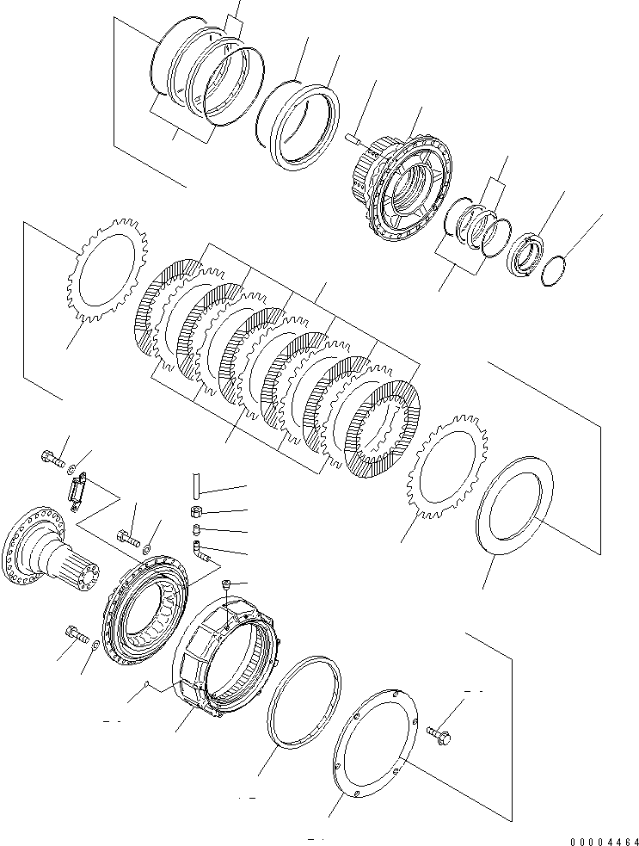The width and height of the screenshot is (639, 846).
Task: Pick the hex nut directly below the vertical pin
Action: [x=196, y=512]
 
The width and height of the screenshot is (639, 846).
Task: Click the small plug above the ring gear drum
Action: [x=226, y=587]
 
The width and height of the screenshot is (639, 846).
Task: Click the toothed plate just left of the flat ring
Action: [x=448, y=465]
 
